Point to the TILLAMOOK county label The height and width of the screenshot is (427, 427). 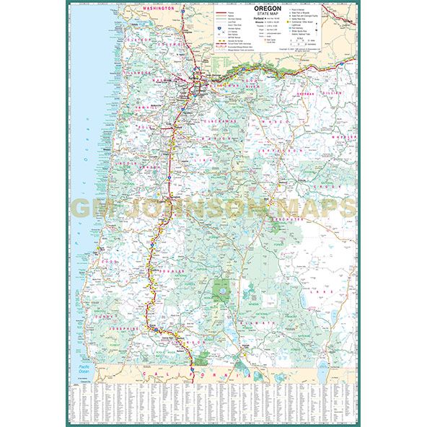click(136, 73)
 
